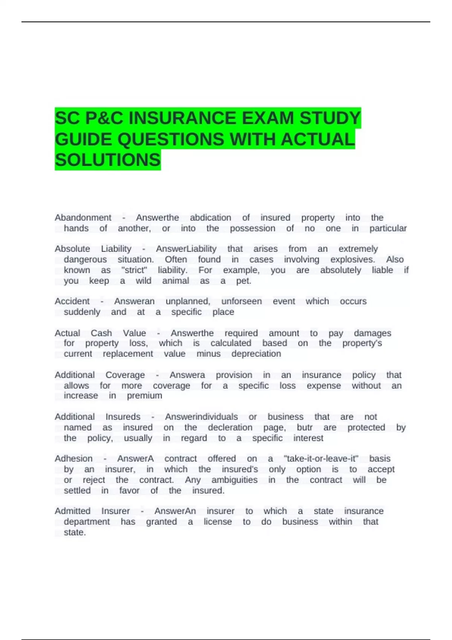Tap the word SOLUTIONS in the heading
(108, 160)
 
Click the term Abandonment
(83, 218)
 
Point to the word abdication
(211, 218)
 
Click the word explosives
(353, 259)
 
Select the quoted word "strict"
(134, 270)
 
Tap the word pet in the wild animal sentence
(243, 281)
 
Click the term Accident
(72, 301)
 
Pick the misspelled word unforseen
(241, 301)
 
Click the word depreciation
(256, 354)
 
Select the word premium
(144, 396)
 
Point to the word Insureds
(123, 417)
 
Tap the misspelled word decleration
(230, 427)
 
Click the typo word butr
(305, 427)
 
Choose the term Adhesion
(73, 459)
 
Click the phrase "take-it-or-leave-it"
(321, 459)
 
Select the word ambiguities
(234, 480)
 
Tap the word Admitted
(72, 511)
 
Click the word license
(218, 522)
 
